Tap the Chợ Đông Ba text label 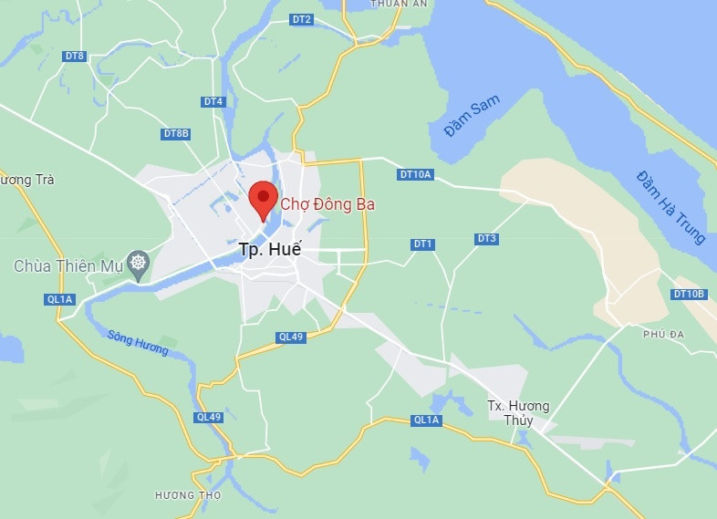coord(327,204)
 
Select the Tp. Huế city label coord(269,248)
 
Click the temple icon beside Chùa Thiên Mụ coord(139,265)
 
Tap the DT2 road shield coord(301,19)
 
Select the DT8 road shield coord(75,57)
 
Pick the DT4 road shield coord(213,101)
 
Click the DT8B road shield coord(176,133)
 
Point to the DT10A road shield coord(416,174)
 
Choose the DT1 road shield coord(422,244)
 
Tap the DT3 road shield coord(486,239)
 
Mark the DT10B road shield coord(689,294)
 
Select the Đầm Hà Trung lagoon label coord(671,207)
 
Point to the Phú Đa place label coord(663,335)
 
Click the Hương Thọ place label coord(188,495)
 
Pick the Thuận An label coord(399,5)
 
